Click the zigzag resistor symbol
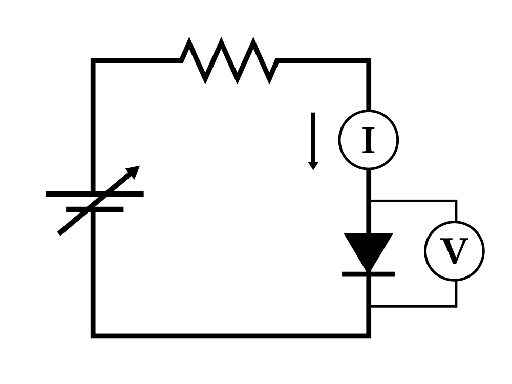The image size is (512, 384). click(x=229, y=60)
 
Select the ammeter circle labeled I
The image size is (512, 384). click(x=368, y=140)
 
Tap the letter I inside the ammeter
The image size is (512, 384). click(x=368, y=140)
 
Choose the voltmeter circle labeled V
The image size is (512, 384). click(x=454, y=251)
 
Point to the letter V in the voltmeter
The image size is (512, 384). click(x=454, y=251)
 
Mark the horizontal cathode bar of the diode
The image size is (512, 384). click(x=368, y=274)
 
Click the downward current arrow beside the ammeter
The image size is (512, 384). click(x=313, y=141)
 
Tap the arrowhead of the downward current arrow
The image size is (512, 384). click(x=313, y=165)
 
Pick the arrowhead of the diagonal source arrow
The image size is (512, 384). click(x=134, y=170)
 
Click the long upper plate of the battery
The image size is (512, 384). click(x=95, y=194)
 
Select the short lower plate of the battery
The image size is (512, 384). click(x=95, y=209)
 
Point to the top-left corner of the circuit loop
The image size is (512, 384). click(x=93, y=61)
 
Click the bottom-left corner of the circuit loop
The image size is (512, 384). click(x=93, y=336)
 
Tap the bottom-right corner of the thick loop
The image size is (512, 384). click(x=369, y=336)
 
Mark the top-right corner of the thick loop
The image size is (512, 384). click(x=369, y=61)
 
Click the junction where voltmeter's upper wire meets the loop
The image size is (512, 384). click(x=369, y=201)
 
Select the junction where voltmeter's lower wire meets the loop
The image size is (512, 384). click(x=369, y=306)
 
